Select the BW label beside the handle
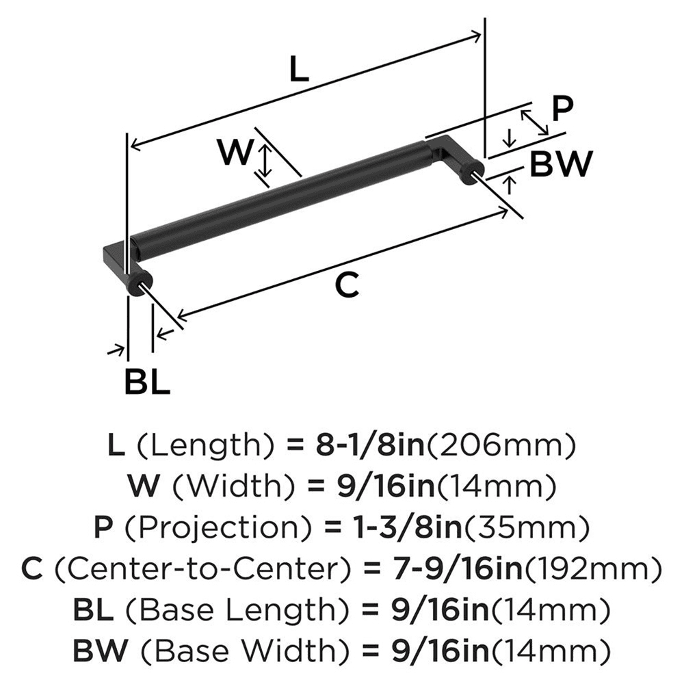click(x=560, y=164)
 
